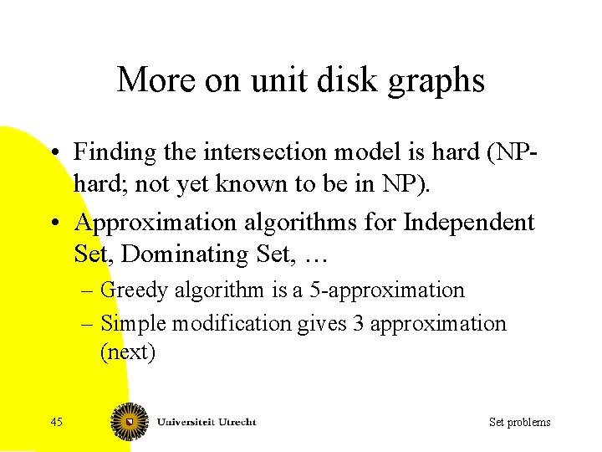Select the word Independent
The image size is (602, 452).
468,222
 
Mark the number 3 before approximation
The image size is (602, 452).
358,323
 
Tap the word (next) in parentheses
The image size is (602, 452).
127,352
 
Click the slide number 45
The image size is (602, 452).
56,422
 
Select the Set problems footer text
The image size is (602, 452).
519,422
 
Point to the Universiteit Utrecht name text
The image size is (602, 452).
207,422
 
